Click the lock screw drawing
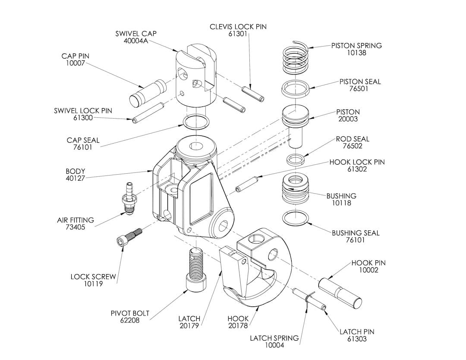point(129,238)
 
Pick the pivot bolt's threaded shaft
point(196,263)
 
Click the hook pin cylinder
point(340,293)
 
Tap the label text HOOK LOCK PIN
point(357,162)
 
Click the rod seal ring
point(295,160)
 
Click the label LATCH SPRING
point(274,338)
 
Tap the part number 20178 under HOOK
point(238,326)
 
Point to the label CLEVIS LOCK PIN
point(238,27)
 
